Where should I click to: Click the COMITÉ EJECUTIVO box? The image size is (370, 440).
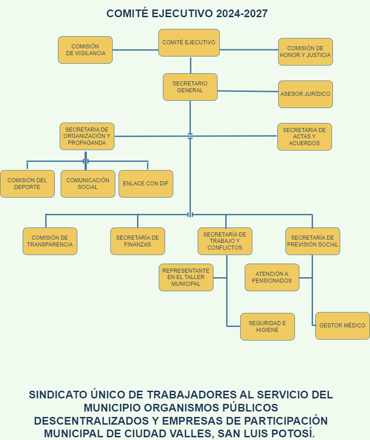point(189,43)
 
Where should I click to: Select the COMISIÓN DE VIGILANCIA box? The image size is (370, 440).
point(85,50)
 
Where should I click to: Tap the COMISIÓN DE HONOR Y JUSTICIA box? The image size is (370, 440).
point(305,52)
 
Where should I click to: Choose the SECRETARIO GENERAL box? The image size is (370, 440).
point(190,87)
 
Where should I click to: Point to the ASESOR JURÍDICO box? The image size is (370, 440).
point(305,94)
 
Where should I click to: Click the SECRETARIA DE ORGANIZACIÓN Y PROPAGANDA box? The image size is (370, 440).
point(87,136)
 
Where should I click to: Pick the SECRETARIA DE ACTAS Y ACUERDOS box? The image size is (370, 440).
point(304,137)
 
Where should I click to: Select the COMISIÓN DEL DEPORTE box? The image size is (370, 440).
point(27,184)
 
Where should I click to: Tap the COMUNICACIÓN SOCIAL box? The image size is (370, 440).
point(88,184)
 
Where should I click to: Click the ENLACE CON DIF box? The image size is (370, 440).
point(146,184)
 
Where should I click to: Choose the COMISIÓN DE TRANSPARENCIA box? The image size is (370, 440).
point(50,241)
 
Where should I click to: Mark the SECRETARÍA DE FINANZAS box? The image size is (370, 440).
point(138,241)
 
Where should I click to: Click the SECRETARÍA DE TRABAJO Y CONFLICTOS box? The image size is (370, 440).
point(225,241)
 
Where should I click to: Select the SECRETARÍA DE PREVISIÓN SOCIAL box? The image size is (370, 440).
point(313,241)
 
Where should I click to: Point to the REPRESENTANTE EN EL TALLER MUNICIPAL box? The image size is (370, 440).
point(186,277)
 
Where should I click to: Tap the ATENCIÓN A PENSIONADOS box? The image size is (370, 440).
point(272,277)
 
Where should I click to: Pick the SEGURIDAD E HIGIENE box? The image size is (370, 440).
point(267,326)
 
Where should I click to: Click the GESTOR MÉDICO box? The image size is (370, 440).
point(342,326)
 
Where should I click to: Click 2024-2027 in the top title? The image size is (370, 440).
point(242,14)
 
